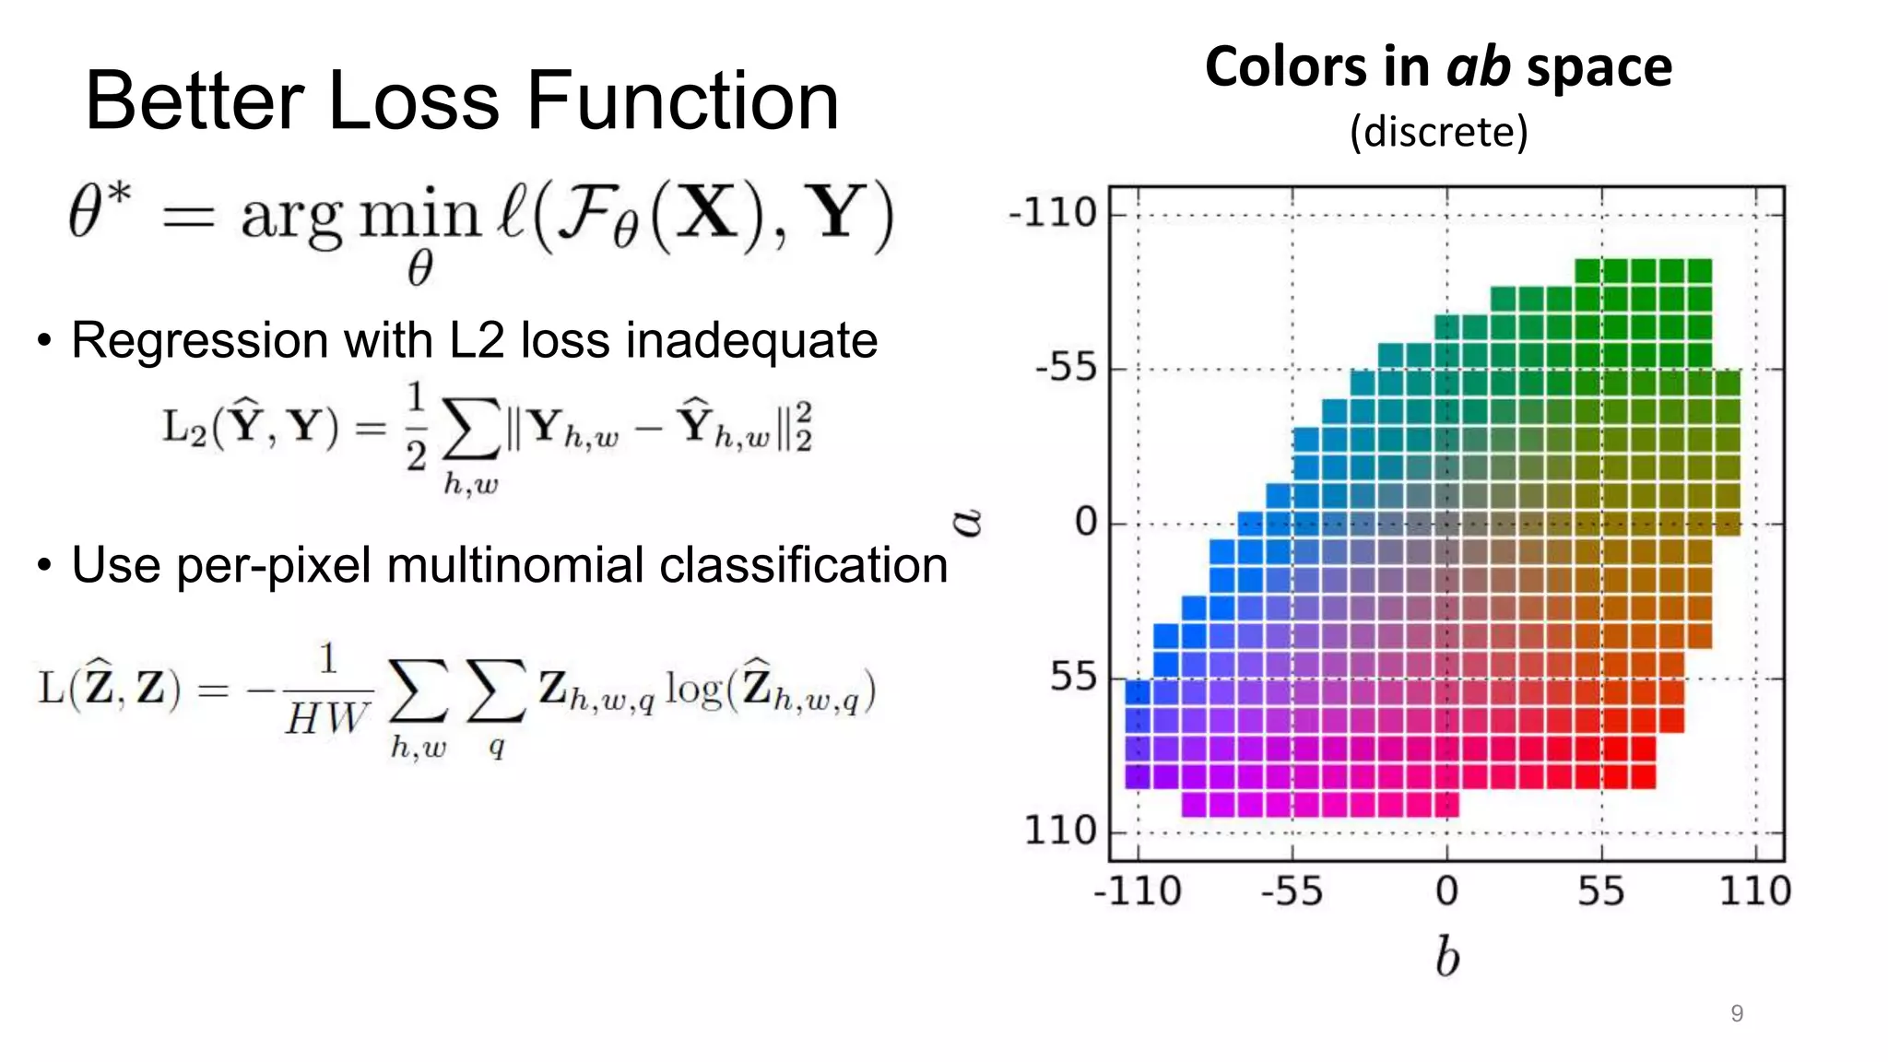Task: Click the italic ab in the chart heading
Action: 1478,67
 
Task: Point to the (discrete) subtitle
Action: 1438,132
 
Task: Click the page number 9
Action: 1737,1014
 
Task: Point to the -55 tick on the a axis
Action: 1066,369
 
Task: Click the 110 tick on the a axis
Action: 1061,832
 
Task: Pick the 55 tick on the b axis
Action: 1600,891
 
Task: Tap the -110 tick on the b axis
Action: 1137,891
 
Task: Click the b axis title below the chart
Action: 1447,956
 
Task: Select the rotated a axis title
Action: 967,523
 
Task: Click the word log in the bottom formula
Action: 693,690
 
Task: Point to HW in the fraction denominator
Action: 326,718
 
